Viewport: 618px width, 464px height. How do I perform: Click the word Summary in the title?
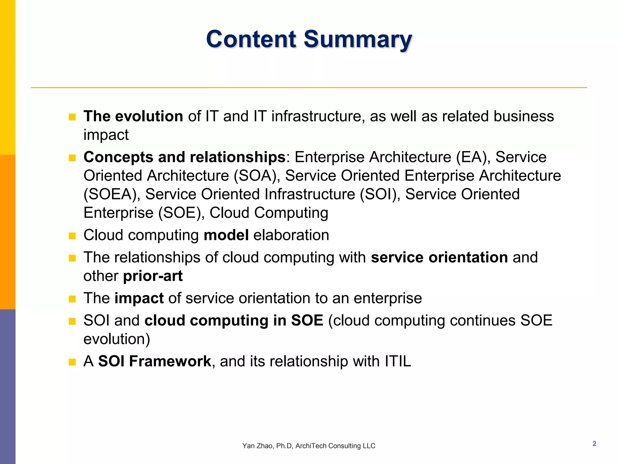coord(358,39)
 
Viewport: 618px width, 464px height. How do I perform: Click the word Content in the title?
coord(251,39)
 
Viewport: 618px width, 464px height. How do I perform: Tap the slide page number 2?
coord(594,443)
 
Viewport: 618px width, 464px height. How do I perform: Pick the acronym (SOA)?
coord(257,176)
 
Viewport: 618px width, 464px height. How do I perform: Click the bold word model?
coord(226,235)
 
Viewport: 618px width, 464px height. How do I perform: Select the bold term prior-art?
coord(153,276)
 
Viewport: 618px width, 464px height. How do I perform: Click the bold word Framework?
coord(170,361)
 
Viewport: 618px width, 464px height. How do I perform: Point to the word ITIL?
coord(398,361)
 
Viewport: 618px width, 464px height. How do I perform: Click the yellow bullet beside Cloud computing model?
coord(72,236)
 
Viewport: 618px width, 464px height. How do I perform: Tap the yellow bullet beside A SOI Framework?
coord(72,362)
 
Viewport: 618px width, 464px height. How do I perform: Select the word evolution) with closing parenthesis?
coord(117,339)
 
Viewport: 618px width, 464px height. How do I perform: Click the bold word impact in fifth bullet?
coord(139,298)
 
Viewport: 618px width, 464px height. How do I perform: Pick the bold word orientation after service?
coord(468,257)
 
